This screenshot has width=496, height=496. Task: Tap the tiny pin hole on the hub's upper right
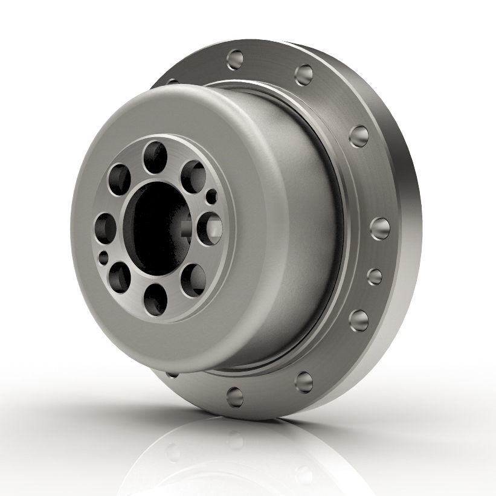pos(211,196)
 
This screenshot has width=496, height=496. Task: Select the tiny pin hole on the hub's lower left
pos(104,259)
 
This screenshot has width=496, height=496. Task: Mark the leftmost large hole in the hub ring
pos(106,227)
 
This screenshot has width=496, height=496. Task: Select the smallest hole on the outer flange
pos(375,276)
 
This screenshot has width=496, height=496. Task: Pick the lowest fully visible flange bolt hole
pos(234,396)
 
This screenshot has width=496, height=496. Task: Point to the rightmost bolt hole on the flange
pos(380,229)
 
